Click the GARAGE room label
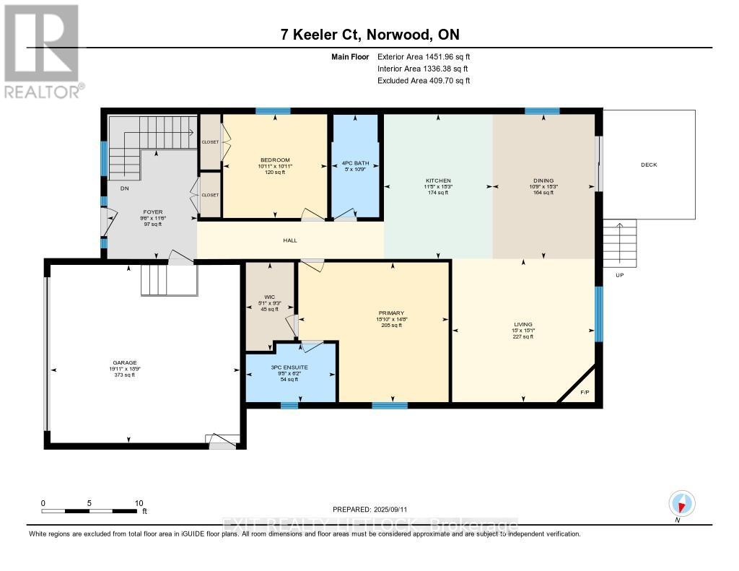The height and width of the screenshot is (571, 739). (x=124, y=362)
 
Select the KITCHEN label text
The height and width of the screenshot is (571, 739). (x=438, y=180)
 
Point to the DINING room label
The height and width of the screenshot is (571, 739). (x=544, y=180)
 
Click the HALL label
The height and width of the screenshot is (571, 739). (x=290, y=240)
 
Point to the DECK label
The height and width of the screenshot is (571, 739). (x=649, y=165)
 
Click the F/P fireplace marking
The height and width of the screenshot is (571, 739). (x=585, y=393)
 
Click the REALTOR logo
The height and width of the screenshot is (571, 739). (x=43, y=51)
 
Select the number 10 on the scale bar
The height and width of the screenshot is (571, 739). (x=139, y=503)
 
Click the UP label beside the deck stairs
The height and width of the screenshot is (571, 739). (x=619, y=275)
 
